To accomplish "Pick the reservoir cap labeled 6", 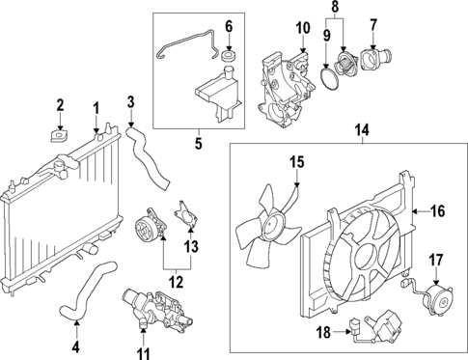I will click(x=229, y=66).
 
